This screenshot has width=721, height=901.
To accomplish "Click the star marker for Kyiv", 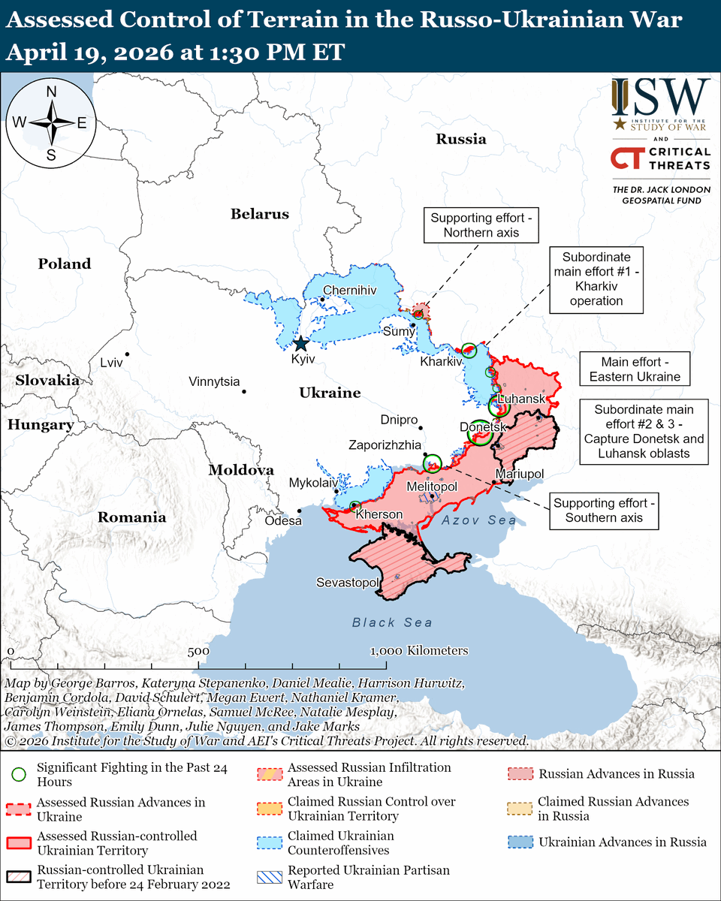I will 300,344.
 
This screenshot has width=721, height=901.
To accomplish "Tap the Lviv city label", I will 111,363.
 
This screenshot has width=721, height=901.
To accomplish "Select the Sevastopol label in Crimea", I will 346,583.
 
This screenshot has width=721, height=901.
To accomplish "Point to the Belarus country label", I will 259,214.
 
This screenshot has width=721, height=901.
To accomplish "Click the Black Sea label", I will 392,622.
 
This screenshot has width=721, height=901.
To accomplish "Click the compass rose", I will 52,122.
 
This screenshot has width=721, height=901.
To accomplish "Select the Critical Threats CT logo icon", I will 625,159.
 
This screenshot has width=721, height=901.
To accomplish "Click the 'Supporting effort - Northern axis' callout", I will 481,225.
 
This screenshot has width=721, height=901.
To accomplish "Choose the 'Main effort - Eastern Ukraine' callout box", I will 635,369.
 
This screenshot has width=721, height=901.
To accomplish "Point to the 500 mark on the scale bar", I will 198,651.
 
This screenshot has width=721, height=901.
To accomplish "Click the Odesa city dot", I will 300,511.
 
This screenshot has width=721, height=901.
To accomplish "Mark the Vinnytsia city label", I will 214,381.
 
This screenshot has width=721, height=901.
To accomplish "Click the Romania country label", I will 131,517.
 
